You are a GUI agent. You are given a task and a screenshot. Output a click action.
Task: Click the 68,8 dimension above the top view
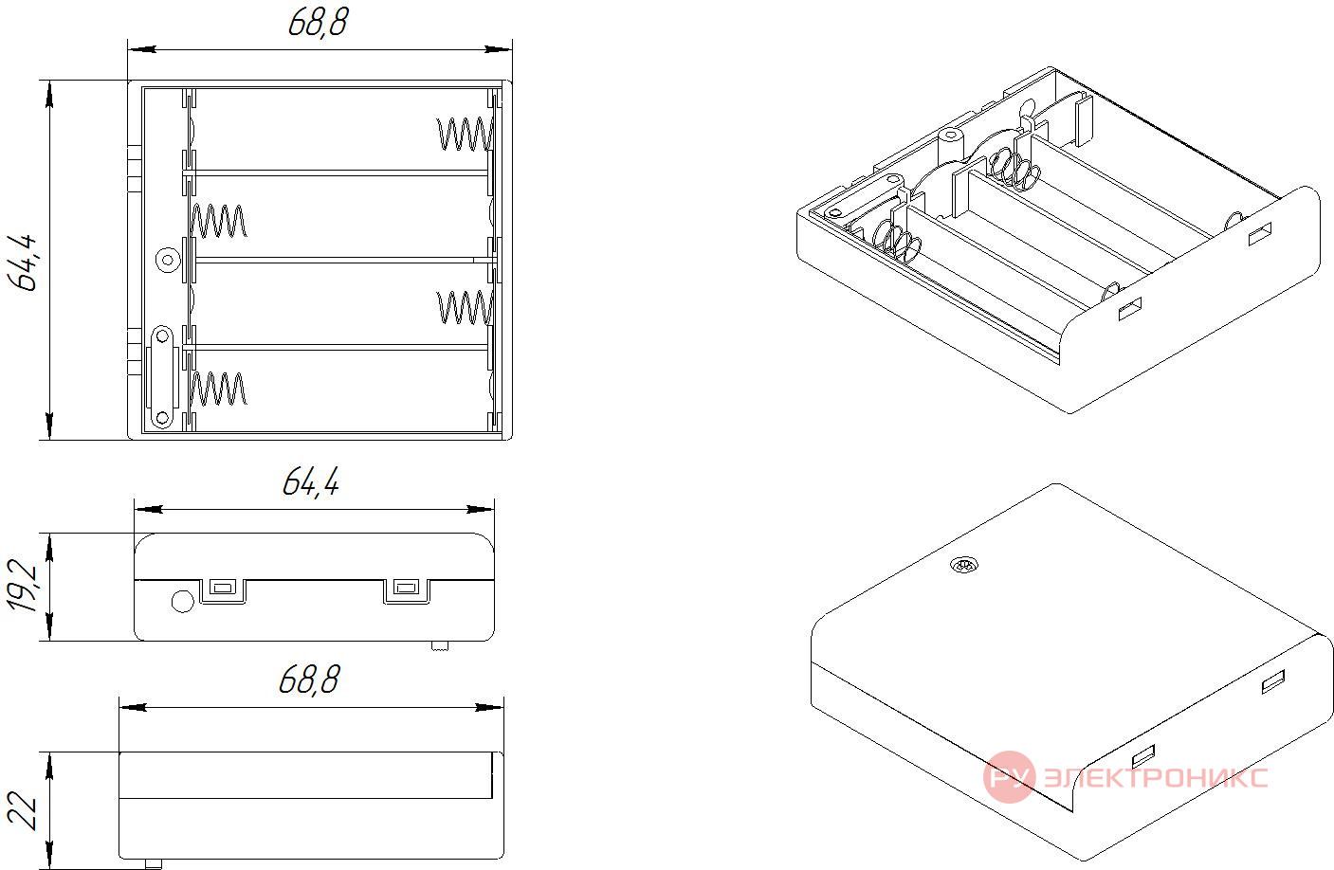click(x=318, y=23)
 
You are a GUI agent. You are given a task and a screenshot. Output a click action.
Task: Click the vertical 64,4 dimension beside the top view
click(x=23, y=263)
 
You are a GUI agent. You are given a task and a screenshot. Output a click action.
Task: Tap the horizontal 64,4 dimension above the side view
click(x=311, y=481)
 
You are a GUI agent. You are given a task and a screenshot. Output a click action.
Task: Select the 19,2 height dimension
click(x=23, y=586)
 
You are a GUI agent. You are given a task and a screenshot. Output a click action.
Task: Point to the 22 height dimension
click(x=23, y=810)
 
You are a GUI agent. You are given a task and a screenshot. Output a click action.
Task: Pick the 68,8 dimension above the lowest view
click(x=309, y=680)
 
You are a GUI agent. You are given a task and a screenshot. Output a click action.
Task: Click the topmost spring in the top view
click(x=466, y=134)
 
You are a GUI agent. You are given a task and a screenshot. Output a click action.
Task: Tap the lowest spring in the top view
click(x=218, y=389)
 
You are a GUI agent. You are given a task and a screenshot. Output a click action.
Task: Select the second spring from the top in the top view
click(x=218, y=221)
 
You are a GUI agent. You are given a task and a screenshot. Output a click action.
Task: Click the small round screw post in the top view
click(x=168, y=261)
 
